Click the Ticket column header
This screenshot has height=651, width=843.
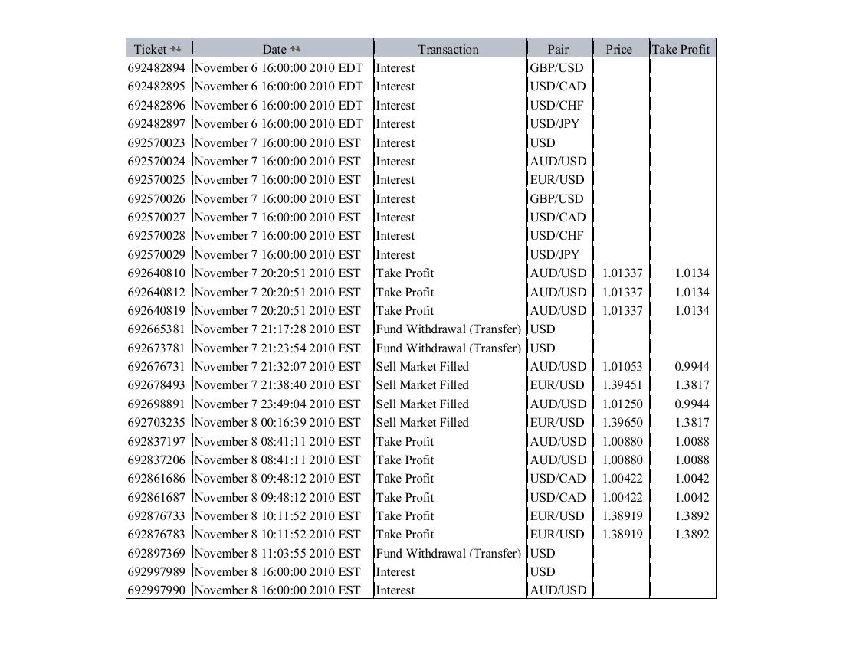(149, 49)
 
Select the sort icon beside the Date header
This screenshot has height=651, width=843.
(296, 49)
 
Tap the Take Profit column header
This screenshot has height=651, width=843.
(681, 49)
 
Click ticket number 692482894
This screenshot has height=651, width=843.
(156, 67)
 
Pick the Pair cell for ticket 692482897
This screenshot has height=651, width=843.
(554, 123)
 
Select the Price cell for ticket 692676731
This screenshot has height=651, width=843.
(622, 366)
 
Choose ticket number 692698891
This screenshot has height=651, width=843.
(156, 404)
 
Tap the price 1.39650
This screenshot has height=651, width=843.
(622, 423)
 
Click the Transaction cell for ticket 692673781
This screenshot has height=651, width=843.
(448, 348)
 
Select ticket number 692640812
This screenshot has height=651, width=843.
(156, 292)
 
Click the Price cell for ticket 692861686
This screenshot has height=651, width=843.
(622, 479)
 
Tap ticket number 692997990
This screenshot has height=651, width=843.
(156, 590)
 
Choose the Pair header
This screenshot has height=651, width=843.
(558, 49)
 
